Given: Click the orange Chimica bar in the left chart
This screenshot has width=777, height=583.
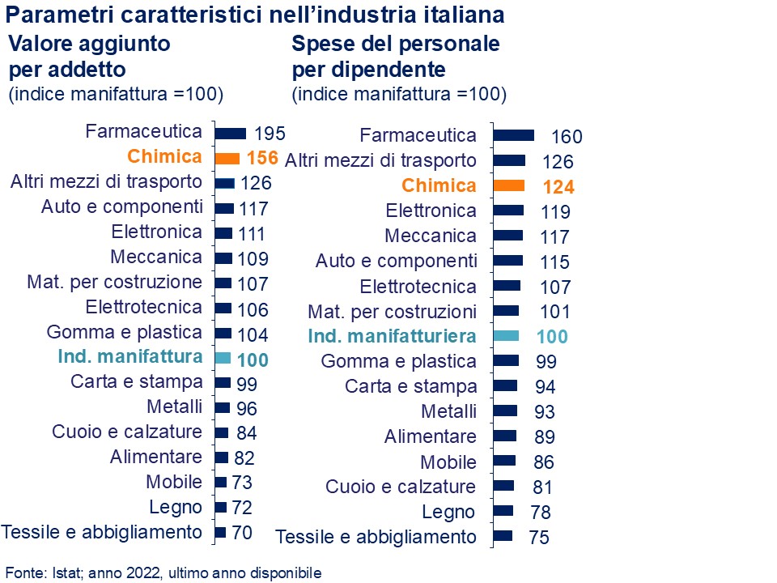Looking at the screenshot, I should click(x=227, y=159).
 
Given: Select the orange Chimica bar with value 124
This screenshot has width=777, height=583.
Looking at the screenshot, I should click(x=508, y=185).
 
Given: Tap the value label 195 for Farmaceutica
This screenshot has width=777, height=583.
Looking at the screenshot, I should click(x=270, y=134).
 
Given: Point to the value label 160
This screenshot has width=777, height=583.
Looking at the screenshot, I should click(x=567, y=137).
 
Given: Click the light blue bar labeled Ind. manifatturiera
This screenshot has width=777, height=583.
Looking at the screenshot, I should click(x=506, y=335).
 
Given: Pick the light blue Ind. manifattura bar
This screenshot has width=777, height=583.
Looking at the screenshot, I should click(x=223, y=358).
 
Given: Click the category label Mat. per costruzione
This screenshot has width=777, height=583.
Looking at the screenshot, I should click(x=114, y=283).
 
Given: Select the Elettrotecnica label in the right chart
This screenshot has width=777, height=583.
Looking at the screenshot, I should click(x=418, y=287).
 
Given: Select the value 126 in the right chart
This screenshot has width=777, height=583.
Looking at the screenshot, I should click(x=557, y=161).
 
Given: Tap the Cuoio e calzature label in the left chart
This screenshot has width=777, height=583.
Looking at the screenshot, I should click(x=127, y=432).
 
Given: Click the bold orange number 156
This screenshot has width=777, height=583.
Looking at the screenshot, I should click(x=261, y=158).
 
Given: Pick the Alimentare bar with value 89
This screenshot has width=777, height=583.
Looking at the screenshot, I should click(x=504, y=436).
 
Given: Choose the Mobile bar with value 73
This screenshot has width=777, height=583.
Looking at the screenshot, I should click(x=221, y=482).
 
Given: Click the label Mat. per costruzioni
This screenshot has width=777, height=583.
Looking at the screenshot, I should click(x=393, y=312).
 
